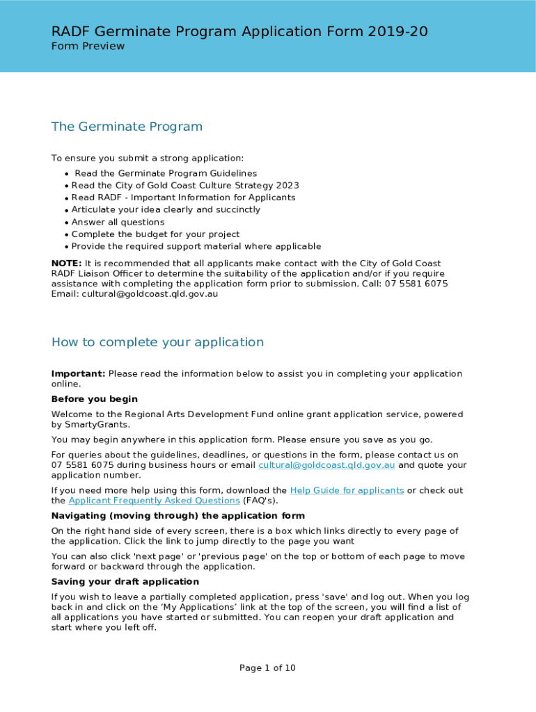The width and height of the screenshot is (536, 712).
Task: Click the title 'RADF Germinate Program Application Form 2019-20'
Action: coord(239,31)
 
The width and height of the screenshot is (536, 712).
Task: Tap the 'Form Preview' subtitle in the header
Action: coord(88,47)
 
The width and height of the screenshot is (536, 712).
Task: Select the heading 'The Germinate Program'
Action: coord(127,127)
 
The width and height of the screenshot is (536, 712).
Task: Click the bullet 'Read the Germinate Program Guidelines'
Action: coord(166,173)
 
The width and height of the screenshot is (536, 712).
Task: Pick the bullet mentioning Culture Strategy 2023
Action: coord(185,186)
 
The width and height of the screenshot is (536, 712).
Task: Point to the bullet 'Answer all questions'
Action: coord(118,222)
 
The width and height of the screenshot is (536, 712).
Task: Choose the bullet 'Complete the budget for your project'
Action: coord(155,234)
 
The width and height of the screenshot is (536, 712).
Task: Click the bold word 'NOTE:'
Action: coord(67,264)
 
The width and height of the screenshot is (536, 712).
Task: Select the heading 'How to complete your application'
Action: coord(157,342)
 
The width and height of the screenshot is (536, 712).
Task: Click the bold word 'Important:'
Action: coord(78,374)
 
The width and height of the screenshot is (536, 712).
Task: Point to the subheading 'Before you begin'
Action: coord(94,399)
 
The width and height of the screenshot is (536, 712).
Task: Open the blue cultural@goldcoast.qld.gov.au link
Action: coord(326,465)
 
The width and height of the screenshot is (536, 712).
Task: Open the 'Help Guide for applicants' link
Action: coord(347,490)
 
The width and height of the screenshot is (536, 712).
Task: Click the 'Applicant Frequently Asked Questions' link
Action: coord(154,501)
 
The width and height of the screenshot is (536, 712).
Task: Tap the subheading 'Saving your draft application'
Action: coord(125,581)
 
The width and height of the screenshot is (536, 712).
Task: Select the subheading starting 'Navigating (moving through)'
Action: coord(178,516)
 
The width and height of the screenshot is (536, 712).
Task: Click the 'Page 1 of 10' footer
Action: coord(267,668)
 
